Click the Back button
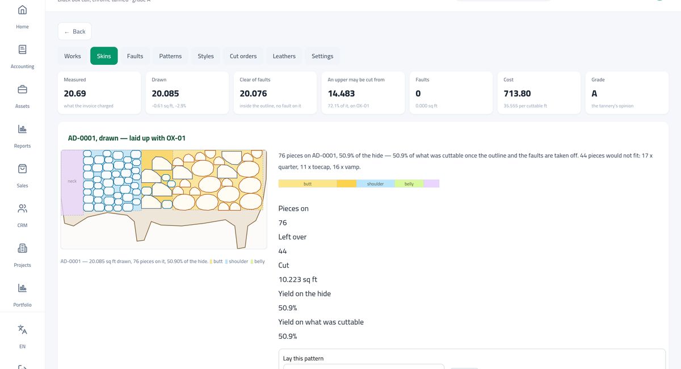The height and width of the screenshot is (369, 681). [x=74, y=31]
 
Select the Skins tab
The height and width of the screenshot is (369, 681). [x=104, y=56]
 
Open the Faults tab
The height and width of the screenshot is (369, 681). [x=135, y=56]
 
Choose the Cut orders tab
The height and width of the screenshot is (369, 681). [x=243, y=56]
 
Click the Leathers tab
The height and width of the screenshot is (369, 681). [x=284, y=56]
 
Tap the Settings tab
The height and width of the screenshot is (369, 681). [x=322, y=56]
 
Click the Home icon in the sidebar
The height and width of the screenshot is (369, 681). [x=22, y=10]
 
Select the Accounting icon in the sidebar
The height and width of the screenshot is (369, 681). [x=22, y=49]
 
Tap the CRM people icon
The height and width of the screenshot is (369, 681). [x=22, y=208]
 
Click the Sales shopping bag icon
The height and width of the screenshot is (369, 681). [x=22, y=169]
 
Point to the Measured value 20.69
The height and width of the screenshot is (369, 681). [x=75, y=94]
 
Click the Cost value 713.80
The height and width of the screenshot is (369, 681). [x=517, y=94]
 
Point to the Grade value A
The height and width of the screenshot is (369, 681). [x=594, y=94]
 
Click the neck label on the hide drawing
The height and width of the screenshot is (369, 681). [x=72, y=181]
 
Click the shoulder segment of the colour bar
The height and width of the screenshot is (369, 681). [x=376, y=184]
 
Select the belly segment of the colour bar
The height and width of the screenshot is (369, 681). [x=409, y=184]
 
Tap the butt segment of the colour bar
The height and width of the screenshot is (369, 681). [x=308, y=184]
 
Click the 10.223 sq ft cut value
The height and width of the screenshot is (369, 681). [x=297, y=279]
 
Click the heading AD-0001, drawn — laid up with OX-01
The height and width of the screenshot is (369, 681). [x=127, y=138]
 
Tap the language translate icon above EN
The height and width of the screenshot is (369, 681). [x=22, y=329]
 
